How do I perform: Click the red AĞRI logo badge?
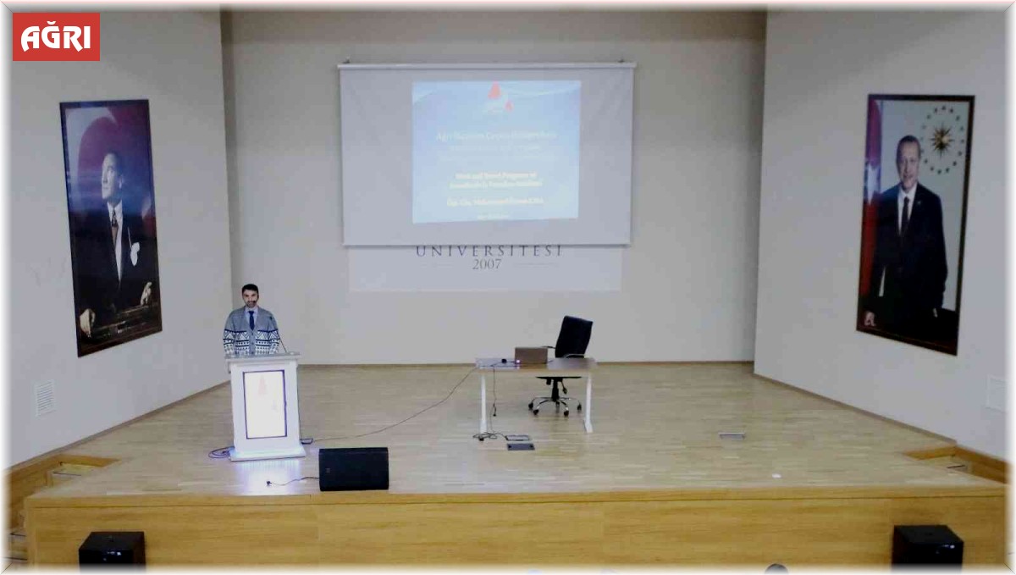point(56,36)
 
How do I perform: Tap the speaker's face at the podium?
point(250,296)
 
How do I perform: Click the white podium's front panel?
point(265,405)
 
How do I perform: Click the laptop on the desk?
point(531,356)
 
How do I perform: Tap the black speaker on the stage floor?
point(353,468)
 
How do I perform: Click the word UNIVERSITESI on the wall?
point(489,252)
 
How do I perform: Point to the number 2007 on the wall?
point(487,264)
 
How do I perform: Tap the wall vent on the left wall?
point(45,397)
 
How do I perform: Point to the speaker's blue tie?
point(251,319)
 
